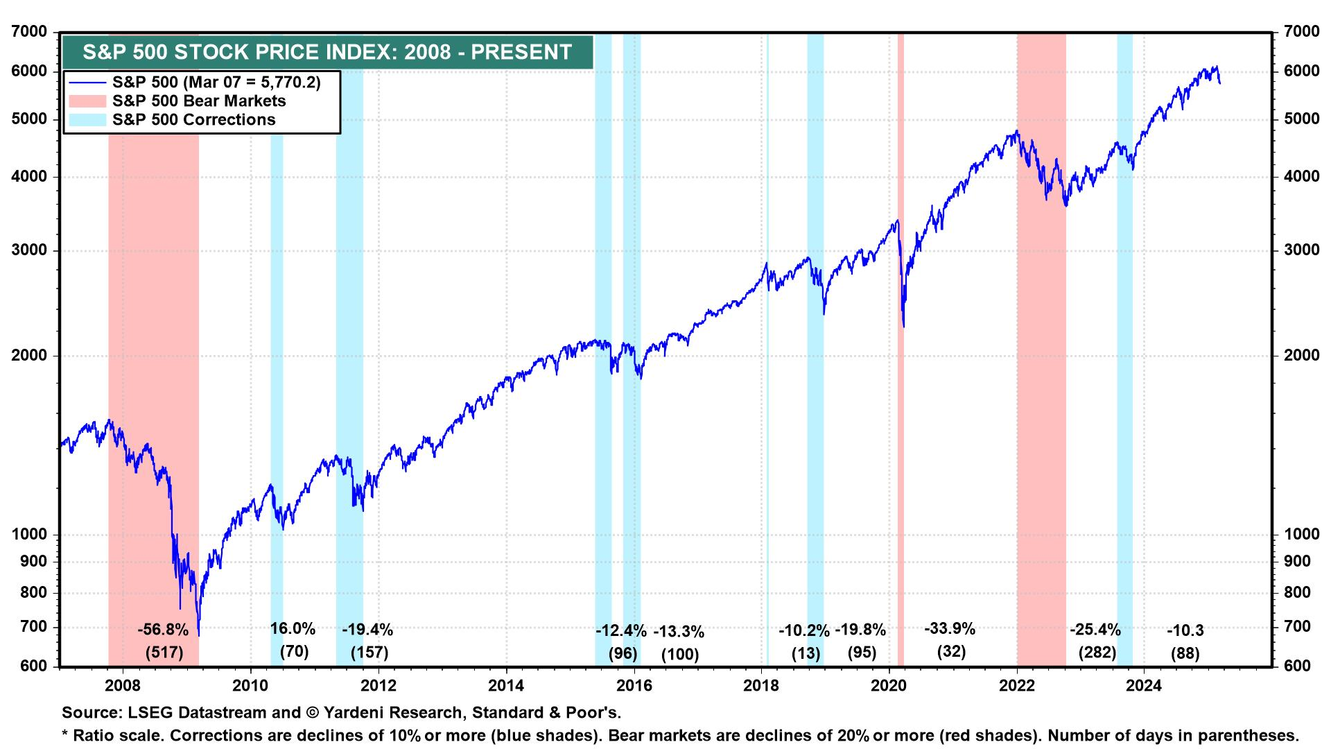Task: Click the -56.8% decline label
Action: pos(163,630)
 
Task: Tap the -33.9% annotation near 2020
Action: pos(950,629)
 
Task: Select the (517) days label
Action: pos(164,652)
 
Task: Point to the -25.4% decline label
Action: pos(1095,630)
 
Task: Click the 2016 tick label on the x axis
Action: pos(634,686)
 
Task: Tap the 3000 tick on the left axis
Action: pos(30,250)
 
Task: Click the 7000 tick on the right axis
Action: pos(1302,33)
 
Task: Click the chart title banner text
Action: pos(327,52)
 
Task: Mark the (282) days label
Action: pos(1097,652)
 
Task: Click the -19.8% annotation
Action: pos(860,630)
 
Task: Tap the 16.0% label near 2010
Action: pos(293,629)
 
